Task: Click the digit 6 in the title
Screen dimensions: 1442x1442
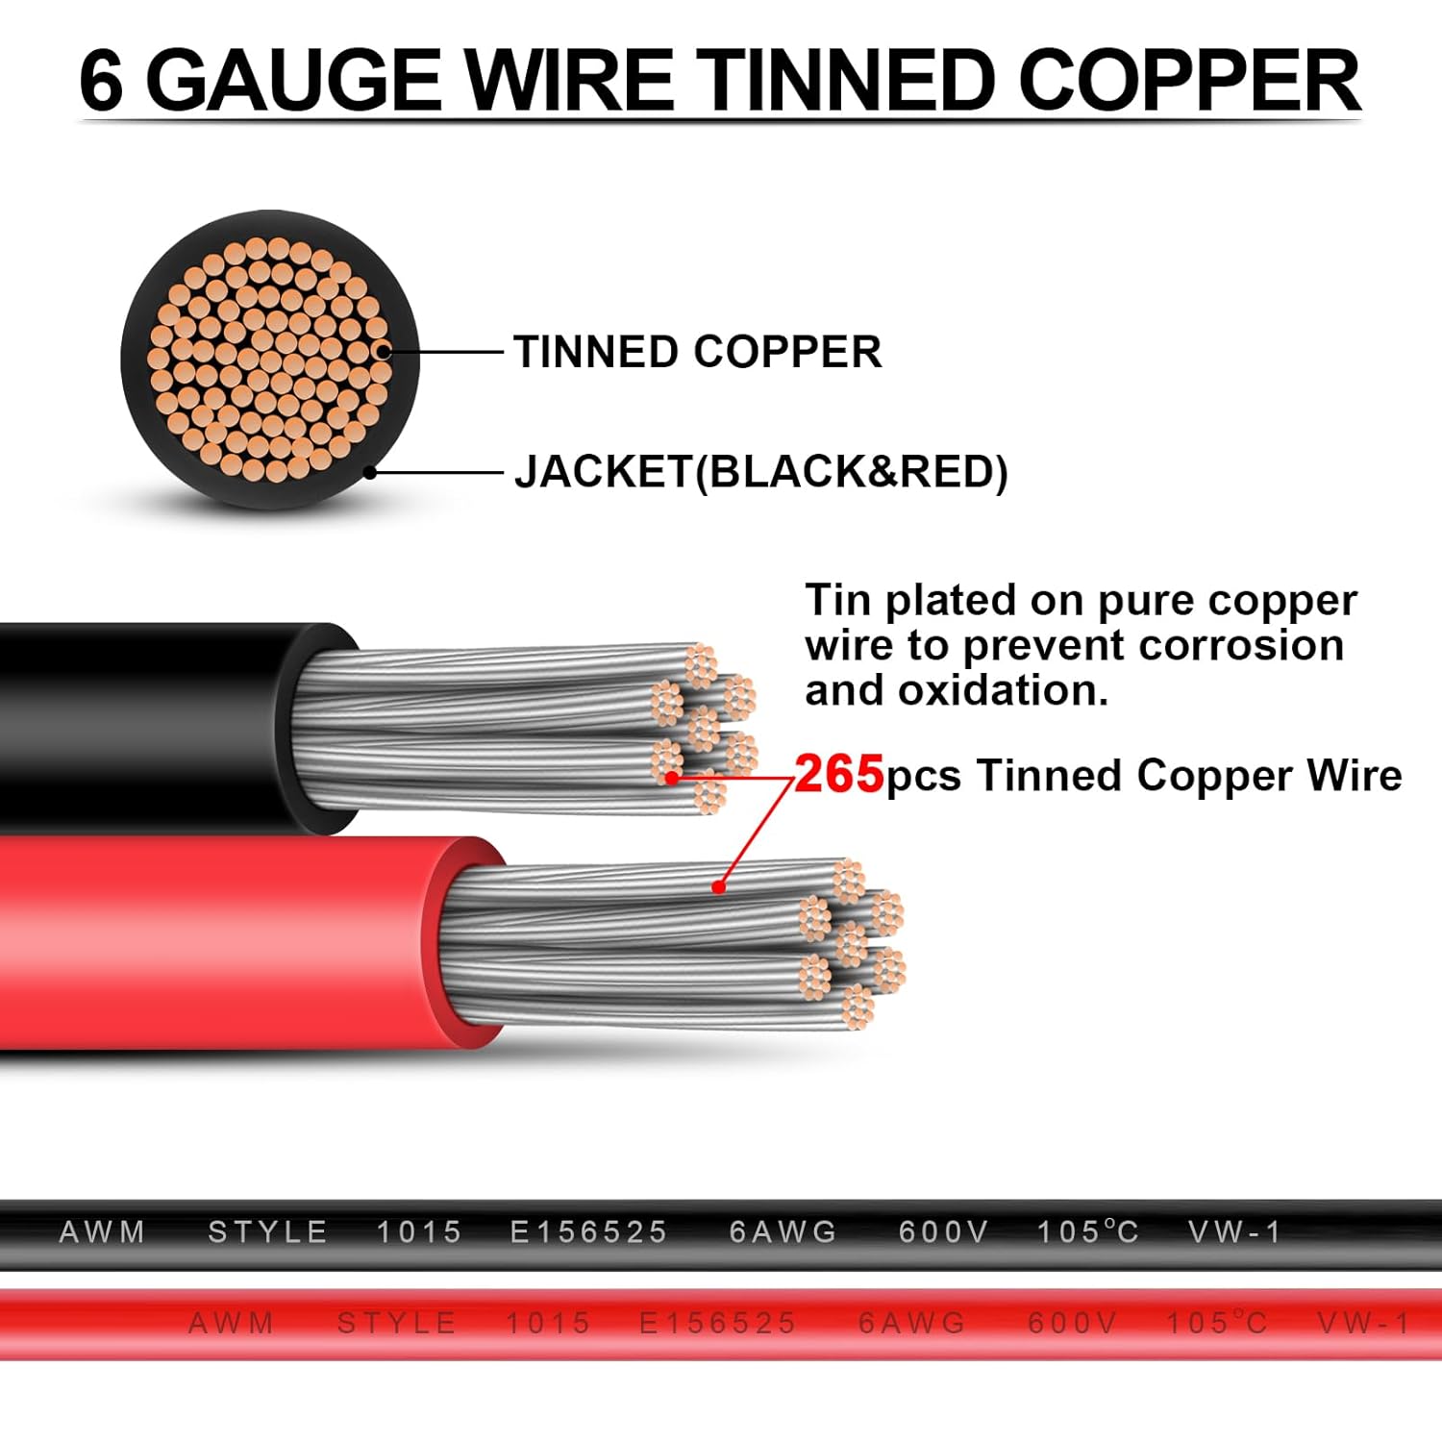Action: [102, 81]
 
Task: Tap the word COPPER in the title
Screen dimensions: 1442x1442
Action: [1189, 81]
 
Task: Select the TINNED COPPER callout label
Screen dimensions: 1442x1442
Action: [697, 352]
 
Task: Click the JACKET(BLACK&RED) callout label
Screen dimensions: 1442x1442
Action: [760, 472]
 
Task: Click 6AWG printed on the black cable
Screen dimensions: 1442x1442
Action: [783, 1232]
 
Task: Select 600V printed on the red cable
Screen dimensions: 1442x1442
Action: [1073, 1324]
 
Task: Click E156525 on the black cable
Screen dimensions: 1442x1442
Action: [588, 1232]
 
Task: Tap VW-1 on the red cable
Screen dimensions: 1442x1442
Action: [1363, 1324]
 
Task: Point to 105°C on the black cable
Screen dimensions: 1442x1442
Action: [1088, 1232]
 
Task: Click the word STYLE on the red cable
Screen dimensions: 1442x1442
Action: [396, 1324]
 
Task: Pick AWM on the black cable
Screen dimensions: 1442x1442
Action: [102, 1232]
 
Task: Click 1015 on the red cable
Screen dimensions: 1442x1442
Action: [548, 1324]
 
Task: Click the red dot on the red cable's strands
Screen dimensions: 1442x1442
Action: [718, 886]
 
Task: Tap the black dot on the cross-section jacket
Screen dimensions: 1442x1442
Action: [370, 473]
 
